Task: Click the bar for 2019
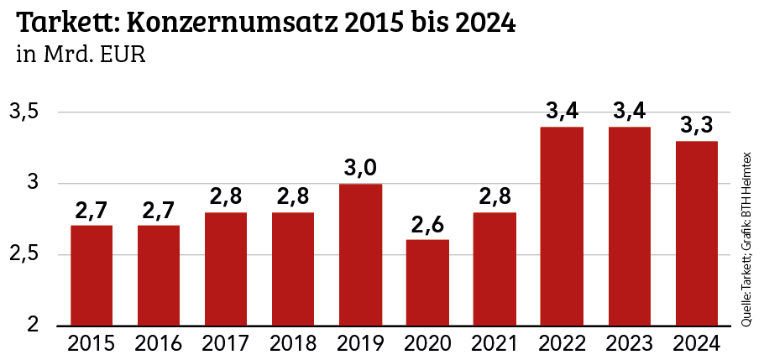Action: pyautogui.click(x=360, y=254)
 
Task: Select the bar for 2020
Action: pyautogui.click(x=427, y=282)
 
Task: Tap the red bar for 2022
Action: pyautogui.click(x=562, y=226)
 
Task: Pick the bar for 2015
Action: pyautogui.click(x=92, y=275)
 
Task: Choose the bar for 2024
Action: pyautogui.click(x=696, y=233)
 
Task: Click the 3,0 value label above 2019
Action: pyautogui.click(x=360, y=168)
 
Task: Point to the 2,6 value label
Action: pyautogui.click(x=427, y=224)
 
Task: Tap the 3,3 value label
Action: pyautogui.click(x=696, y=125)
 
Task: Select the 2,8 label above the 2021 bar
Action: pyautogui.click(x=495, y=196)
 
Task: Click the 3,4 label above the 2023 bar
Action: pyautogui.click(x=629, y=111)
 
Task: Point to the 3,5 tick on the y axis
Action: pyautogui.click(x=24, y=112)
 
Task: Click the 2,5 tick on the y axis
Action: pyautogui.click(x=24, y=254)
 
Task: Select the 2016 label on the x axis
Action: pyautogui.click(x=159, y=344)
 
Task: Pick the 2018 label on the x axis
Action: pyautogui.click(x=293, y=344)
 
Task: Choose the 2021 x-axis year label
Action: pyautogui.click(x=495, y=344)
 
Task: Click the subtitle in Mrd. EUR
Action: pyautogui.click(x=81, y=56)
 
